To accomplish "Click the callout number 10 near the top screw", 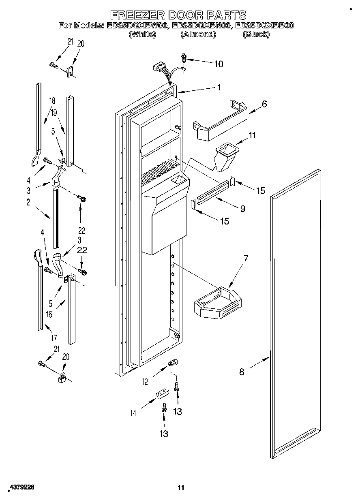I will pos(219,64).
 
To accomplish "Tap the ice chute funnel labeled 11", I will pos(225,156).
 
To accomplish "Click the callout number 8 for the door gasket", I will pos(242,372).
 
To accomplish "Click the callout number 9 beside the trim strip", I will pos(242,209).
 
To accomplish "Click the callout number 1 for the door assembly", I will pos(219,87).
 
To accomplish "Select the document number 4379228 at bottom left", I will pos(20,488).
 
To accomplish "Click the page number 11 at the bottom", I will pos(181,487).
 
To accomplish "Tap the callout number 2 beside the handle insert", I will pos(28,203).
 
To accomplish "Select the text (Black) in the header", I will pos(256,34).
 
